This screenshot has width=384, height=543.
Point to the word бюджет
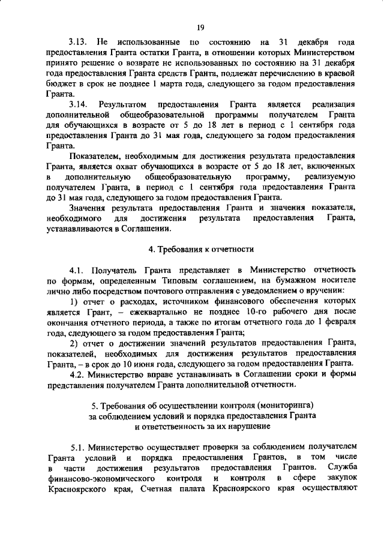(x=58, y=83)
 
